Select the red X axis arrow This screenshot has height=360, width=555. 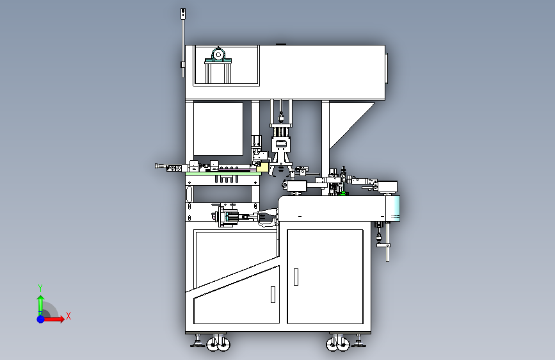click(x=55, y=318)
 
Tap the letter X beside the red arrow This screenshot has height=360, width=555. click(x=68, y=316)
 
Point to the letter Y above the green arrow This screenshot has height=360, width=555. click(x=40, y=288)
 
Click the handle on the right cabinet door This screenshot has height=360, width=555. click(x=296, y=276)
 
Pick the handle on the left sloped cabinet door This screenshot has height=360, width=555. click(x=272, y=294)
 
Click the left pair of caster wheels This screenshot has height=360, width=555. click(x=218, y=345)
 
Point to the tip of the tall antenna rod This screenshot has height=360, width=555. click(x=183, y=12)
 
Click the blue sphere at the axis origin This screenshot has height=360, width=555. click(x=40, y=318)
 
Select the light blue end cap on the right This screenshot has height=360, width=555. click(x=394, y=208)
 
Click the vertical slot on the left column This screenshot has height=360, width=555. click(x=189, y=193)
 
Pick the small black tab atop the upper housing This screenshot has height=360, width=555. click(x=280, y=44)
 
